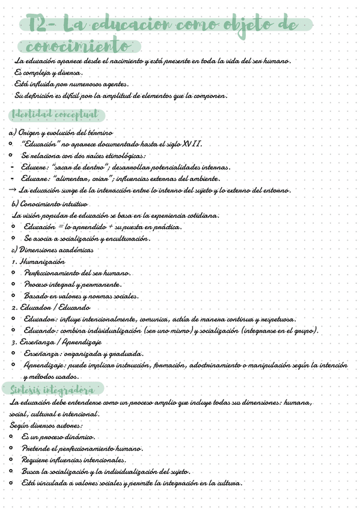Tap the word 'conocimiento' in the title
click(x=76, y=46)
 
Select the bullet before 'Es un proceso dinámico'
click(x=13, y=437)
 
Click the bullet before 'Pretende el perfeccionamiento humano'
click(x=13, y=449)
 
